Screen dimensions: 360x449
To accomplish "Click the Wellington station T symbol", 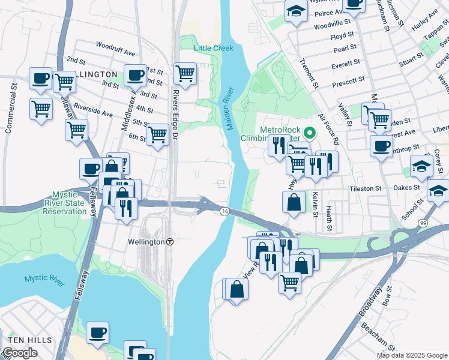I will (x=170, y=242).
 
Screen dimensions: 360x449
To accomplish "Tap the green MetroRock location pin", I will (x=310, y=133).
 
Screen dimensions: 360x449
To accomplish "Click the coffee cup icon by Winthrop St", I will (x=381, y=146).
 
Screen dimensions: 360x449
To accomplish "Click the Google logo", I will (x=20, y=353).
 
